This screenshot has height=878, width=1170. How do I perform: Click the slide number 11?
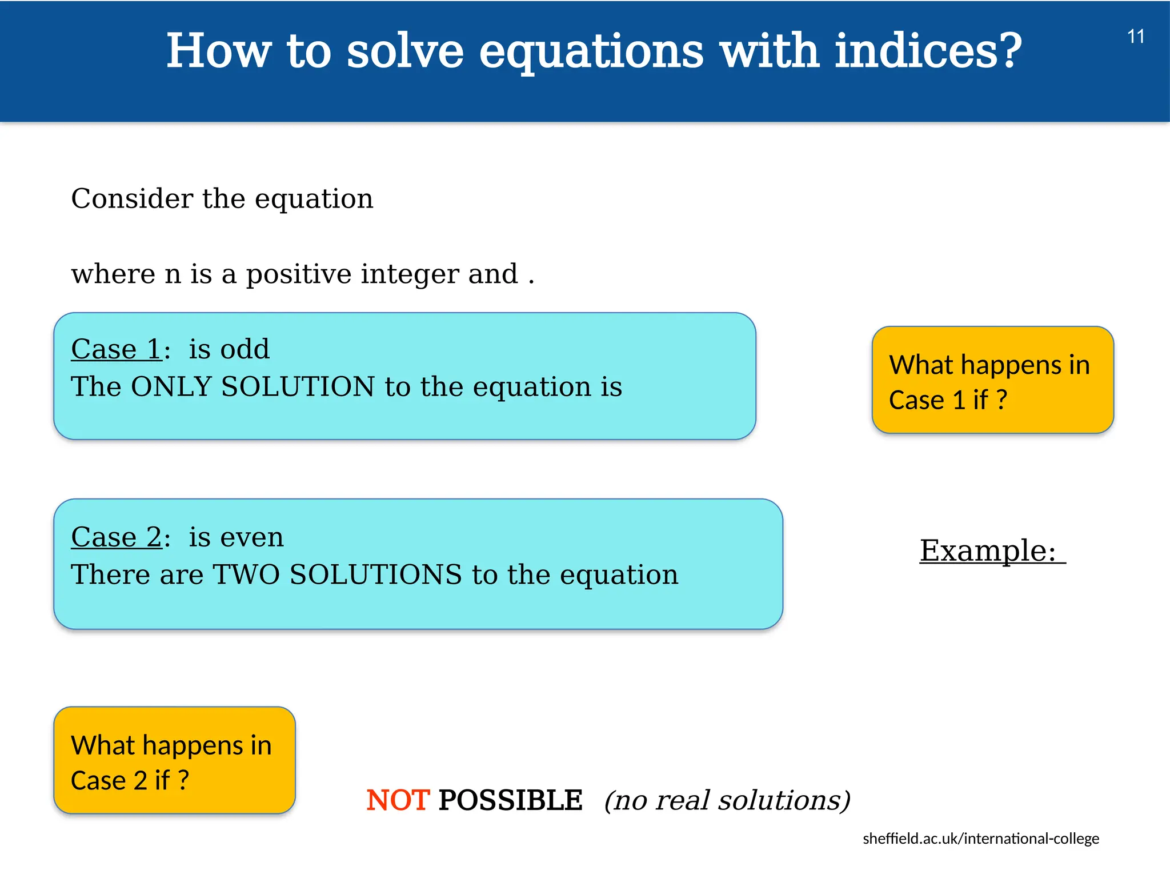pyautogui.click(x=1135, y=37)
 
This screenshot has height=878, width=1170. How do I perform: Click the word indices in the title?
pyautogui.click(x=916, y=51)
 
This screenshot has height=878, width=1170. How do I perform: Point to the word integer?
pyautogui.click(x=410, y=274)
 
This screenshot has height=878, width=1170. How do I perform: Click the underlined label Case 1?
pyautogui.click(x=117, y=349)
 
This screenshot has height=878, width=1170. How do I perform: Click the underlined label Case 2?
pyautogui.click(x=117, y=537)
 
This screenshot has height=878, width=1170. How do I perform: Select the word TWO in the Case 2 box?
pyautogui.click(x=246, y=575)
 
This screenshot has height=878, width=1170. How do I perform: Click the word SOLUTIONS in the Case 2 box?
pyautogui.click(x=375, y=575)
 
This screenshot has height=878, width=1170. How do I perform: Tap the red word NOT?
pyautogui.click(x=397, y=800)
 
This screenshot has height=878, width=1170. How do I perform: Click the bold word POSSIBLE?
pyautogui.click(x=510, y=800)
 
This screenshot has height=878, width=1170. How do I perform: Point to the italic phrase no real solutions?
pyautogui.click(x=727, y=800)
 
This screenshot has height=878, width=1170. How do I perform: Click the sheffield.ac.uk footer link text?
pyautogui.click(x=980, y=839)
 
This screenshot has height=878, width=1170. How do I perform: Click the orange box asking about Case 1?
pyautogui.click(x=992, y=380)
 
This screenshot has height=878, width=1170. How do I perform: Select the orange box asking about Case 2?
pyautogui.click(x=174, y=760)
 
